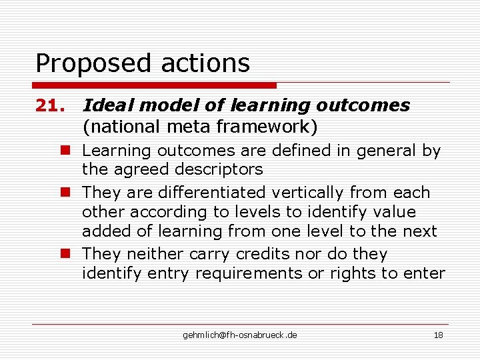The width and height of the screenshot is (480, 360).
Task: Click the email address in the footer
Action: tap(240, 335)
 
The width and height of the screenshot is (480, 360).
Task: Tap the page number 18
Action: tap(438, 335)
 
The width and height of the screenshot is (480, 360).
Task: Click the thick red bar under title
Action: tap(155, 85)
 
